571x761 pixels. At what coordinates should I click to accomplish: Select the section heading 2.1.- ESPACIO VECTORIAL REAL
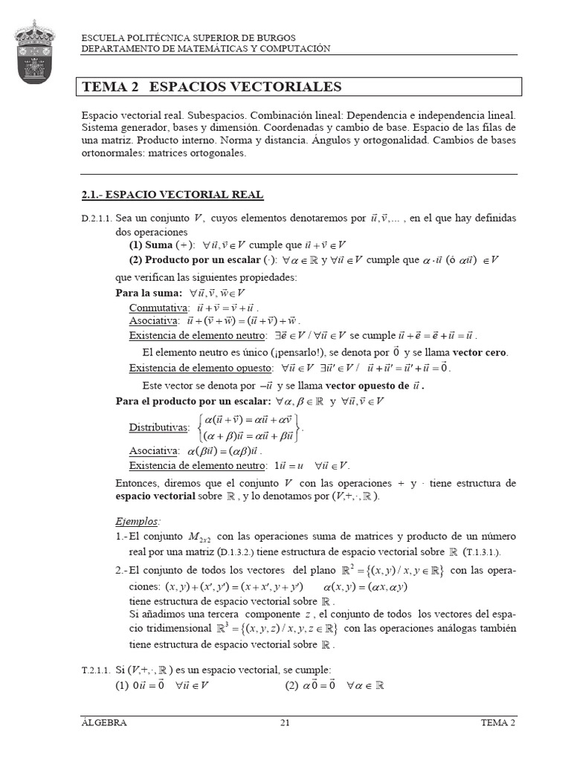click(x=172, y=195)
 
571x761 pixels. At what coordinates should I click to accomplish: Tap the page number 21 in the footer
click(x=285, y=722)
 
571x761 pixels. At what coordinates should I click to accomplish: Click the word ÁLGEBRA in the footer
click(x=104, y=722)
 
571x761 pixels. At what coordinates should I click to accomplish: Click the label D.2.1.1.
click(x=97, y=219)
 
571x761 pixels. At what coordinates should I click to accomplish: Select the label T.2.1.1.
click(x=96, y=670)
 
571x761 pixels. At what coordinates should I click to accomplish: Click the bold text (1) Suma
click(x=151, y=245)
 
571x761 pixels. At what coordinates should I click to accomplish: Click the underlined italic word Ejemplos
click(x=138, y=520)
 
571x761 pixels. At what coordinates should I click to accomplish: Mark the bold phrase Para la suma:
click(x=149, y=293)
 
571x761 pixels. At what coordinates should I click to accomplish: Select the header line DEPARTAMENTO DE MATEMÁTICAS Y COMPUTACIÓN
click(x=205, y=48)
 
